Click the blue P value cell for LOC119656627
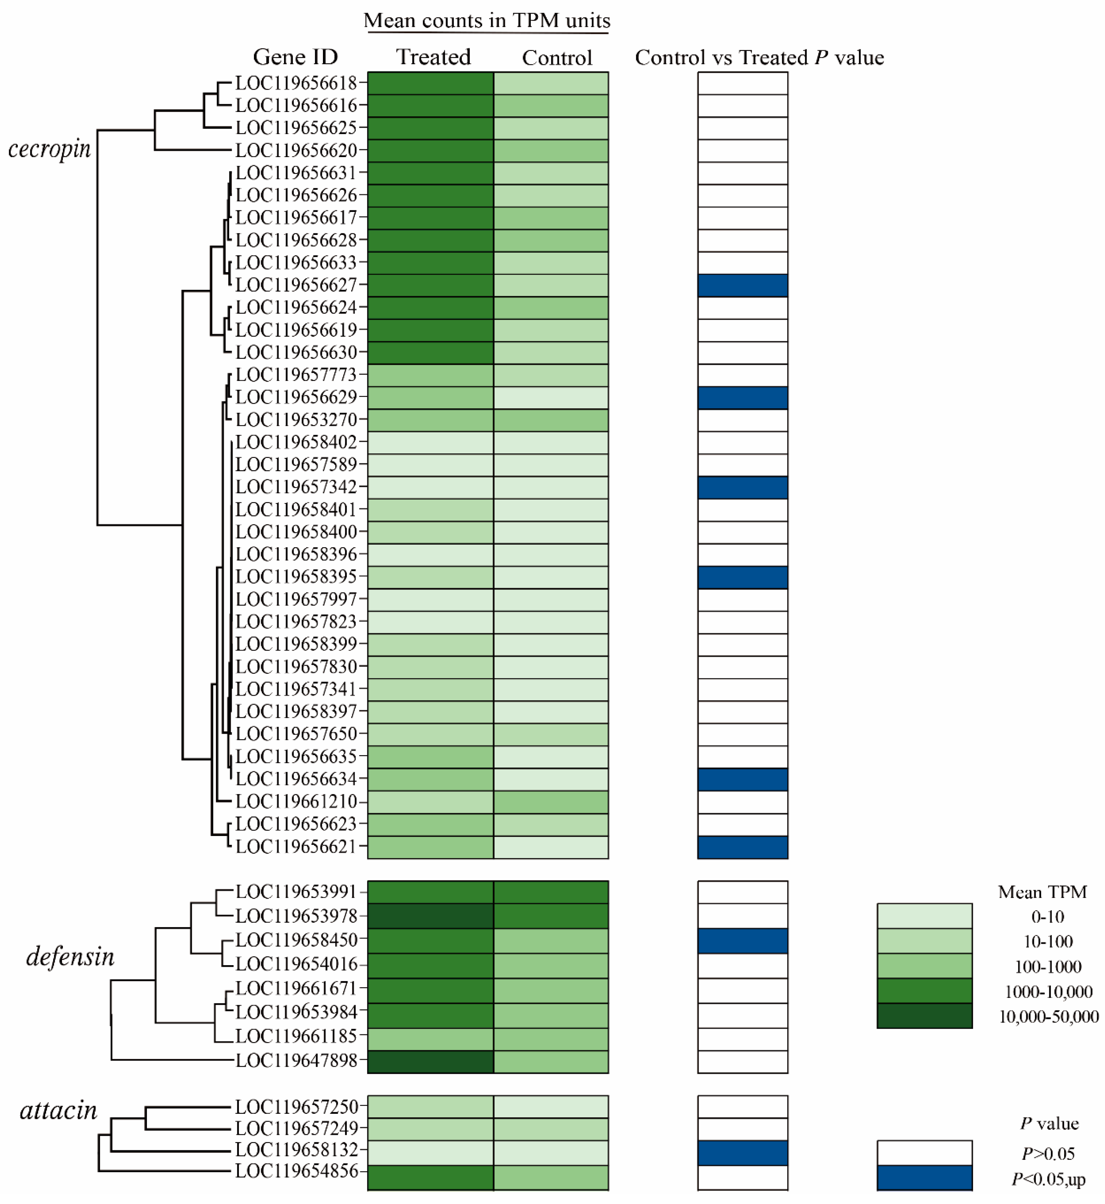pos(743,286)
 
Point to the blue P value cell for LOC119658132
pos(743,1152)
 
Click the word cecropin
pos(50,148)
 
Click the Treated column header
pos(434,57)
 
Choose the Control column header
pos(557,58)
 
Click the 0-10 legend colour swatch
pos(924,915)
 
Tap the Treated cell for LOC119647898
pos(431,1061)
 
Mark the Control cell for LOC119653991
pos(551,891)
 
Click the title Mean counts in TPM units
pos(487,21)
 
